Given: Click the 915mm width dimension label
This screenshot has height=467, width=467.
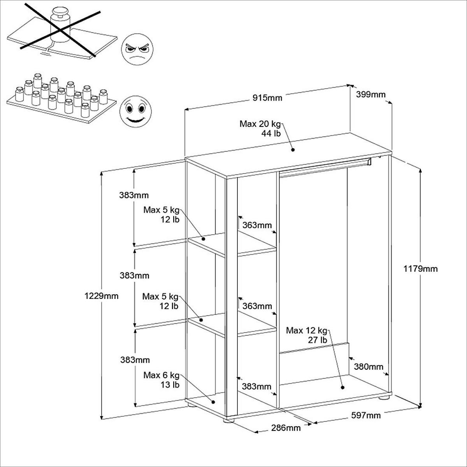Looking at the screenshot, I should pos(267,98).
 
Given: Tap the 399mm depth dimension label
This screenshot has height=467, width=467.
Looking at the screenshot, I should pos(370,95).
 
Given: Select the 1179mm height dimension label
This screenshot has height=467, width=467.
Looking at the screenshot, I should pos(420,269).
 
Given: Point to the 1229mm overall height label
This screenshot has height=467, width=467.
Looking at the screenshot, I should pos(101,296).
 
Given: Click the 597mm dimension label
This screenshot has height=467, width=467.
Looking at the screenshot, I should pos(365,416).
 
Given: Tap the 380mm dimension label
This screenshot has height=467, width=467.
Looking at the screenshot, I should pos(369,367).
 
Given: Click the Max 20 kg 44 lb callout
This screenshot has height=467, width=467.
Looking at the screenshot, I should pos(260,128).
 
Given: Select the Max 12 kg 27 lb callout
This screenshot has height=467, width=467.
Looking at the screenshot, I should pos(306,335).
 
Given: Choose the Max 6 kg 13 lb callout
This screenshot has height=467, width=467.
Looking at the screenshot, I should pos(162,380).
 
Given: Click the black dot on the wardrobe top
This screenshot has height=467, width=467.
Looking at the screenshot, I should pos(293,149).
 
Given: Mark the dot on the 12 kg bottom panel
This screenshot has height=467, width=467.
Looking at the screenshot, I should pos(342,387).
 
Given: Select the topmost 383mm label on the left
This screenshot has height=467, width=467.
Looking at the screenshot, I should pos(134,195).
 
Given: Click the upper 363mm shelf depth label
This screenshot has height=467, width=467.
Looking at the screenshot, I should pos(257,225).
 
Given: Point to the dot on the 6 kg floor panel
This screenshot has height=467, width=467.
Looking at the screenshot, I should pos(213,402).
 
